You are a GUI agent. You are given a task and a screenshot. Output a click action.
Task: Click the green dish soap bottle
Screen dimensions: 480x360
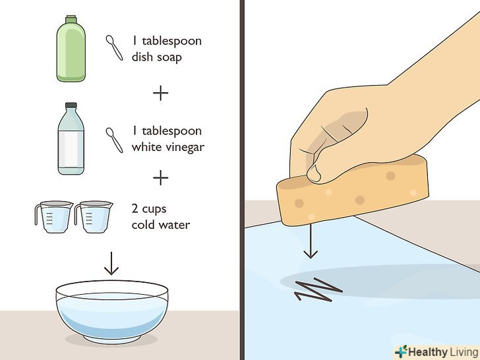(71, 49)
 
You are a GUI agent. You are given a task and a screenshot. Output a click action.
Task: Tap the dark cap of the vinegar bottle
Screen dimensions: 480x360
(71, 105)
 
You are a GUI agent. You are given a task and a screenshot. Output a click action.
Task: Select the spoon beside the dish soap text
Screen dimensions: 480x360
(115, 47)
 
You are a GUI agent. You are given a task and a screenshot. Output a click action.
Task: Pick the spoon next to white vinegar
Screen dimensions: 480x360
(115, 140)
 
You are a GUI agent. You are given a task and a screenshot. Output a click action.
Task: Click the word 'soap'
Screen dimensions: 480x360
(169, 57)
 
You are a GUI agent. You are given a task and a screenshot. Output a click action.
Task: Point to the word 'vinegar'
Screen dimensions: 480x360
(186, 148)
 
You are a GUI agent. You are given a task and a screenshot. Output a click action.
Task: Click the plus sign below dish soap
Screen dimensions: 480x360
(161, 93)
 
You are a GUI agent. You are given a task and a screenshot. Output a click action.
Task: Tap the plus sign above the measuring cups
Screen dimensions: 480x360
(161, 178)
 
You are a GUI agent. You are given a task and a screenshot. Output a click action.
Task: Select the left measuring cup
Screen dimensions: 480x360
(54, 217)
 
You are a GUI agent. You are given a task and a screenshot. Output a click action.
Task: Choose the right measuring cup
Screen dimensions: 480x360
(94, 217)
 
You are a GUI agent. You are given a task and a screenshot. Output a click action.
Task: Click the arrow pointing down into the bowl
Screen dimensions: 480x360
(111, 263)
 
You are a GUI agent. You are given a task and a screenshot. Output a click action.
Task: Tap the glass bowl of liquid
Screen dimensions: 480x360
(112, 312)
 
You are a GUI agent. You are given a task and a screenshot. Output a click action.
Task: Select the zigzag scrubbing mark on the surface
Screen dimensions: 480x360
(318, 289)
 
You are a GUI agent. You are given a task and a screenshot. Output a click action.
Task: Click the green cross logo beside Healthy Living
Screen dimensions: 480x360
(401, 351)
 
